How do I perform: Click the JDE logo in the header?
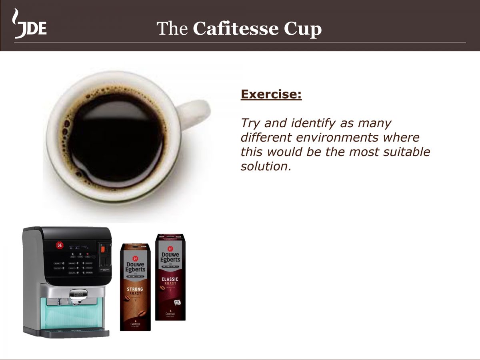(30, 25)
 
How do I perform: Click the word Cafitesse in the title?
(235, 29)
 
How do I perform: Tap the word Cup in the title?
(303, 29)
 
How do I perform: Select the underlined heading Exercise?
(271, 95)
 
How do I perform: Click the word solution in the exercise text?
(264, 166)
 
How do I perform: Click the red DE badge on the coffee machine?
(60, 245)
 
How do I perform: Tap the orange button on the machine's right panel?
(102, 249)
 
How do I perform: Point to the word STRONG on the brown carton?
(135, 289)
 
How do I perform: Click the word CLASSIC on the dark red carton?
(170, 279)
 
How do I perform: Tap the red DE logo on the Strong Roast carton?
(135, 258)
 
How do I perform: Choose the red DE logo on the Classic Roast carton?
(170, 248)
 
